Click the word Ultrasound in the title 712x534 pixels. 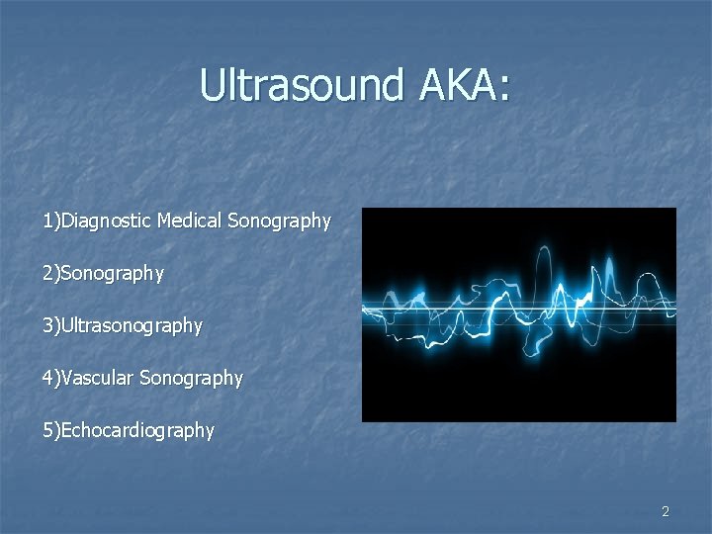point(301,84)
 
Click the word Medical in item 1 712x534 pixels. point(190,221)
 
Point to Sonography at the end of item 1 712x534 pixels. point(279,221)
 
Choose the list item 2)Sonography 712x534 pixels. point(103,273)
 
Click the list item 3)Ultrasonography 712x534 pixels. point(122,325)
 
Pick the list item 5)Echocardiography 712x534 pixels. point(128,430)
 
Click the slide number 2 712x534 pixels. point(665,511)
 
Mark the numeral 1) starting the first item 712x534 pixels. point(50,221)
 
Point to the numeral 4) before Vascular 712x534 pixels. point(50,378)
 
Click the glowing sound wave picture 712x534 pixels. point(518,314)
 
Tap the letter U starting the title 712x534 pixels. point(212,84)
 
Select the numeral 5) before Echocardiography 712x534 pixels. point(50,430)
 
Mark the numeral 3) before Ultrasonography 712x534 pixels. point(50,325)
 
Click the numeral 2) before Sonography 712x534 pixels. point(50,273)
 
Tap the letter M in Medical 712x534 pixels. point(164,221)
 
